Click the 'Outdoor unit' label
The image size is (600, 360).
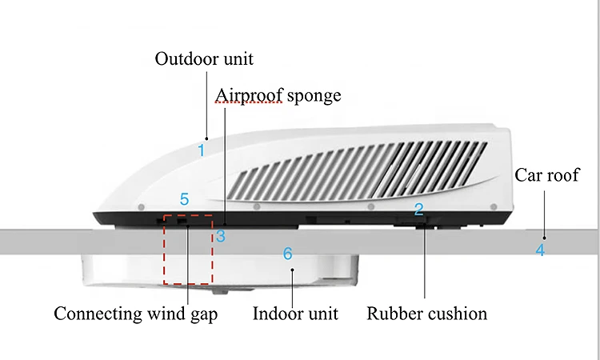tap(204, 59)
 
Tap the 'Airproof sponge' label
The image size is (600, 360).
tap(278, 96)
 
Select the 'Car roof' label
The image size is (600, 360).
tap(547, 175)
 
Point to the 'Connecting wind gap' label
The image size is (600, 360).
tap(136, 314)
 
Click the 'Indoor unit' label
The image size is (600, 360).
tap(295, 314)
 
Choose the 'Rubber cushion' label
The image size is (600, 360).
tap(427, 314)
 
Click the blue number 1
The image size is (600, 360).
tap(202, 150)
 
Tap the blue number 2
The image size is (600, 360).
tap(419, 209)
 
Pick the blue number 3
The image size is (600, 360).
tap(221, 236)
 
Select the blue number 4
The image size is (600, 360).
tap(540, 250)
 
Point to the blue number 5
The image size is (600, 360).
tap(185, 199)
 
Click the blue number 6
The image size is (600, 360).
tap(288, 254)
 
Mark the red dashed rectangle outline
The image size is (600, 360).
tap(164, 250)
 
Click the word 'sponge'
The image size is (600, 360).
tap(314, 96)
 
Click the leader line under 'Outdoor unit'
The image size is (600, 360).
tap(206, 106)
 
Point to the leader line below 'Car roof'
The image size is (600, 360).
tap(545, 214)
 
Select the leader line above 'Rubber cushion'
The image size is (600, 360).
tap(424, 262)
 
